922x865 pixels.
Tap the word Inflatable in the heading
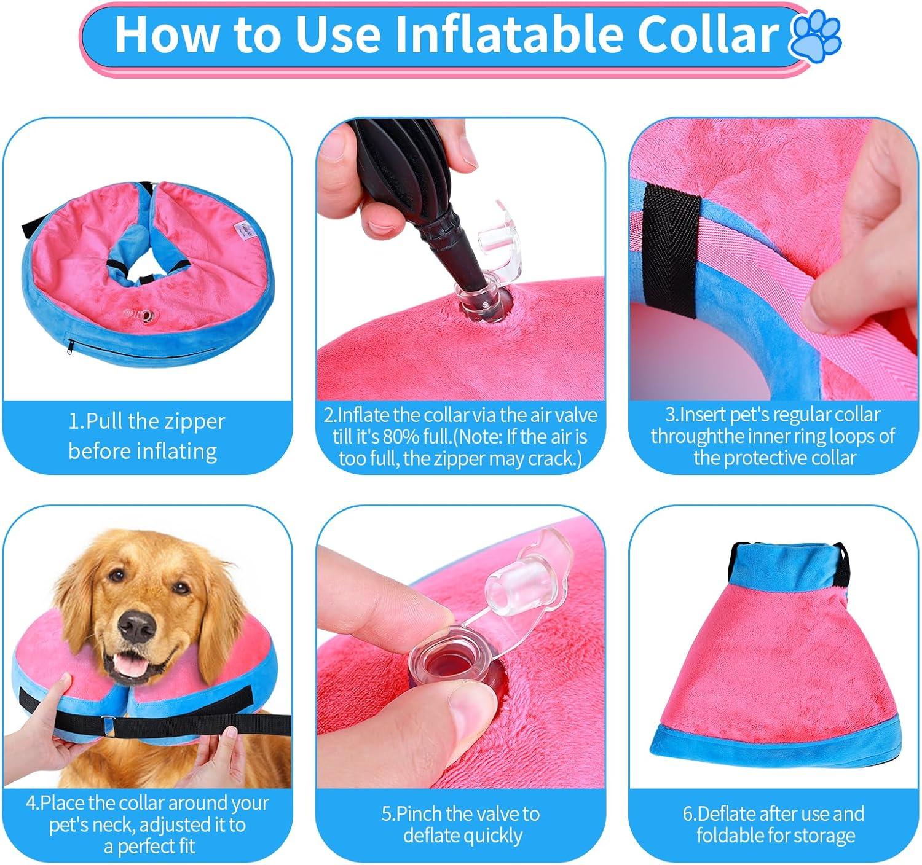point(498,35)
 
